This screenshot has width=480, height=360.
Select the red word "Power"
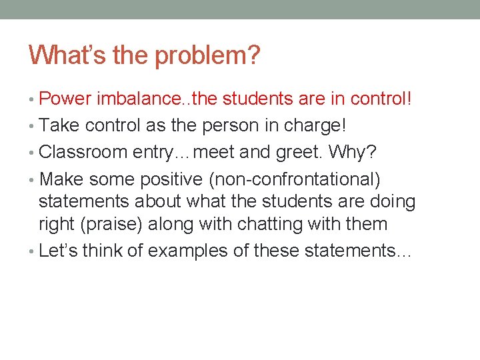[65, 99]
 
